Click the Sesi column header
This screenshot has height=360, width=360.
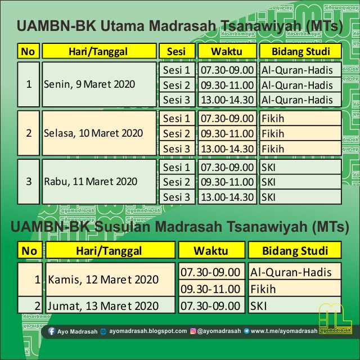coord(176,52)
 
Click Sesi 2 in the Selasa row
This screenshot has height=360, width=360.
coord(176,133)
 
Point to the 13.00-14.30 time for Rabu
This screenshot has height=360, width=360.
coord(227,197)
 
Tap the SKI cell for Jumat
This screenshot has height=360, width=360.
coord(294,306)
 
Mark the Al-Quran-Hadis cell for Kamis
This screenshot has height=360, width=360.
coord(294,272)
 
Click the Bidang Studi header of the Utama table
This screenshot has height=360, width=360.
coord(300,52)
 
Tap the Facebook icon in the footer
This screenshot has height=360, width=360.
coord(52,331)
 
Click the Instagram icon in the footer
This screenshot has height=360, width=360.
coord(192,331)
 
